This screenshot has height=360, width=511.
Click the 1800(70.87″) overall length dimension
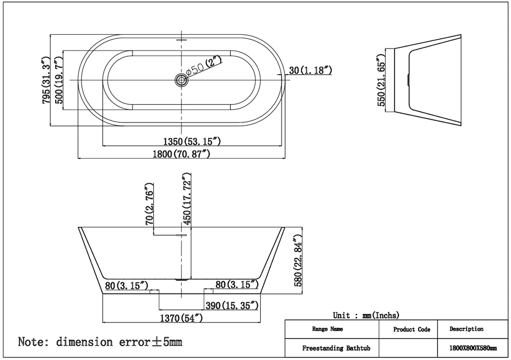[x=181, y=153]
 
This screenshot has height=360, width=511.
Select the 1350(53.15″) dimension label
[x=192, y=141]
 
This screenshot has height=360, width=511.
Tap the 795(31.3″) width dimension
[x=47, y=80]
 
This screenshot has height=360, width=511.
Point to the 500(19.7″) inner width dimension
[x=59, y=80]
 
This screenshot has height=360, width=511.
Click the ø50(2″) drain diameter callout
[x=204, y=65]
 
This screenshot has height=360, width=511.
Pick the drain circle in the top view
[x=181, y=80]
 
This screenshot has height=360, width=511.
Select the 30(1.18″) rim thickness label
[x=311, y=70]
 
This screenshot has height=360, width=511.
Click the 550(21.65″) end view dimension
[x=381, y=80]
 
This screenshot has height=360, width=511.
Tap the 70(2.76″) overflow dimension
[x=149, y=204]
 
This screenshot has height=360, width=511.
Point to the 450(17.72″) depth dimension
[x=187, y=199]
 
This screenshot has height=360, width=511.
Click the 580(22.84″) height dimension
[x=298, y=260]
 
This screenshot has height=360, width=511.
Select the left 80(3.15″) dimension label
[x=127, y=285]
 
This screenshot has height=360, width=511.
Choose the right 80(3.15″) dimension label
[x=237, y=284]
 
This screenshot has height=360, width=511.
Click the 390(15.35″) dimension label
[x=231, y=305]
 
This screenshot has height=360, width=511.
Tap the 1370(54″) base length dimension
[x=181, y=318]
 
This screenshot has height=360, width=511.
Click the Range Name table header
[x=328, y=329]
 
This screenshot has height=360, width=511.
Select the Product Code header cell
[x=411, y=329]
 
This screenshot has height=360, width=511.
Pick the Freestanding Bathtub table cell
[x=336, y=348]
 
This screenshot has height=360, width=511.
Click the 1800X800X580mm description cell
[x=473, y=348]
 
